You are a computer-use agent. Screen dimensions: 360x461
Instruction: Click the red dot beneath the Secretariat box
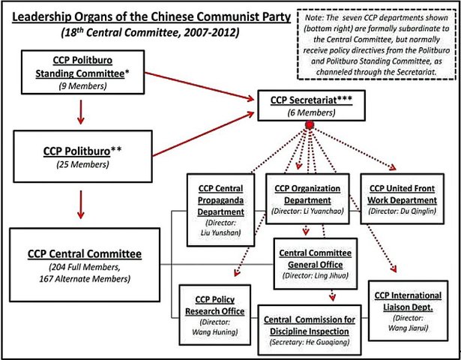coord(308,125)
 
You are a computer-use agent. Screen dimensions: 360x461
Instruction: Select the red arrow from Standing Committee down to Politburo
coord(80,111)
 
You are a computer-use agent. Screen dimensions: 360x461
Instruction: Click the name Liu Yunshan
coord(220,232)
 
